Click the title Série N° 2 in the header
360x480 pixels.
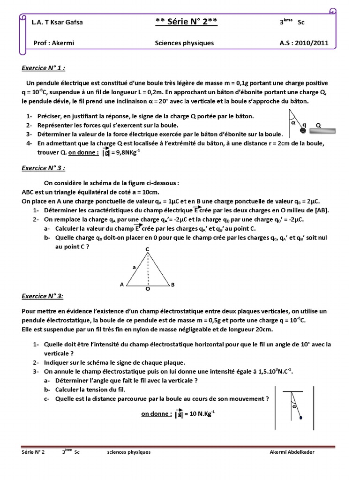pos(186,22)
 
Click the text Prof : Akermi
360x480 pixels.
pos(54,43)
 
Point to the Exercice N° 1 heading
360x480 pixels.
pos(44,67)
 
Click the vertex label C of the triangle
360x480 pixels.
pos(147,248)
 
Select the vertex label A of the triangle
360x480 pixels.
pos(122,285)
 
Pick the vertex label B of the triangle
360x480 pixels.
pos(172,285)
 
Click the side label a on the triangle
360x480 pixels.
pos(134,267)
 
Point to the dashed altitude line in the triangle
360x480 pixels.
pos(148,270)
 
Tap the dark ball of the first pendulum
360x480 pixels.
pos(303,130)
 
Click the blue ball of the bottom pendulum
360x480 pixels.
pos(300,418)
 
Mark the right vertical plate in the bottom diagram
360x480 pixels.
pos(313,407)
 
